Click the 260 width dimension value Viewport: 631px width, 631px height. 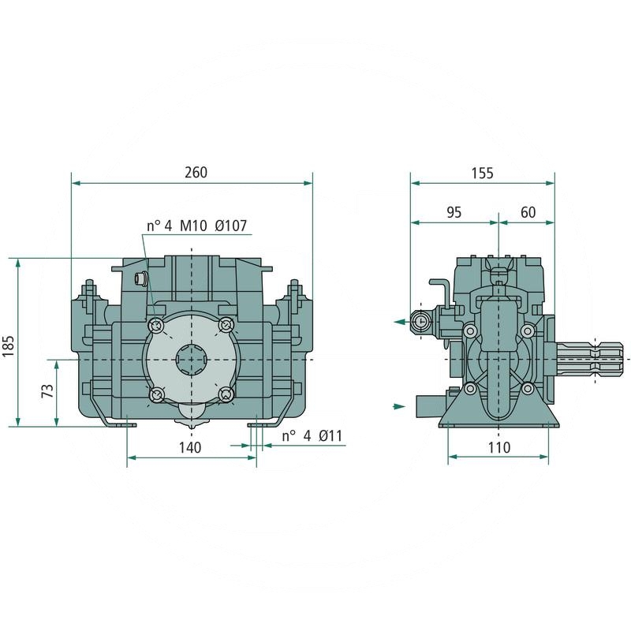point(196,172)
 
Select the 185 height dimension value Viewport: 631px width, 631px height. point(8,345)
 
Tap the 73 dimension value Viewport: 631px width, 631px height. point(47,390)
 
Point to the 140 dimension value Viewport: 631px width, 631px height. point(190,447)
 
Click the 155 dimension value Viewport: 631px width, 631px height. point(482,173)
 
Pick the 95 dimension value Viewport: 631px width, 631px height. point(454,212)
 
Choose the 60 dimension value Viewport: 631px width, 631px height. point(528,212)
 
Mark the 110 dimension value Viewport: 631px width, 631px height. point(499,447)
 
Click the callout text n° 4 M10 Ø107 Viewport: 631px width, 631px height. point(196,226)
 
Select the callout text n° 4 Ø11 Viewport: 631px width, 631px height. point(312,435)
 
